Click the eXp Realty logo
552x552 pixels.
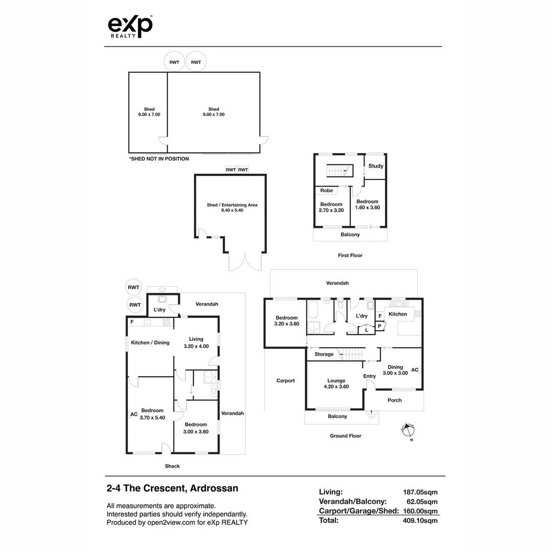click(130, 27)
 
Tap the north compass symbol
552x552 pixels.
click(408, 431)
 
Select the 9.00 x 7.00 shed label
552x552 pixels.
click(214, 112)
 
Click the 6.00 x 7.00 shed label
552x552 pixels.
click(149, 112)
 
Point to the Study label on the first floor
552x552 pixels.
click(376, 166)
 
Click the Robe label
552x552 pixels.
click(326, 191)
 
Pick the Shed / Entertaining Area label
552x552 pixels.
click(232, 208)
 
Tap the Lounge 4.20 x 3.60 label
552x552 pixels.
click(336, 383)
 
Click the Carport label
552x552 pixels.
click(286, 381)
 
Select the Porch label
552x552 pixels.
click(394, 400)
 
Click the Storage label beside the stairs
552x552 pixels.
click(324, 354)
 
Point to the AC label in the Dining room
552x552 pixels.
click(415, 370)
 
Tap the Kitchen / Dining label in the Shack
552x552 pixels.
click(150, 342)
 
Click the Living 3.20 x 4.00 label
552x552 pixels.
click(196, 342)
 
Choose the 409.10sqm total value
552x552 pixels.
click(420, 521)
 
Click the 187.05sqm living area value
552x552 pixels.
click(420, 492)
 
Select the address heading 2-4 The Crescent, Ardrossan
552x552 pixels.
click(173, 488)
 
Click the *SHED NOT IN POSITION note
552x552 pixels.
click(159, 159)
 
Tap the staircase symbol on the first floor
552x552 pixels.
click(339, 171)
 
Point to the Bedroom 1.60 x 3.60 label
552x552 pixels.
click(367, 204)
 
